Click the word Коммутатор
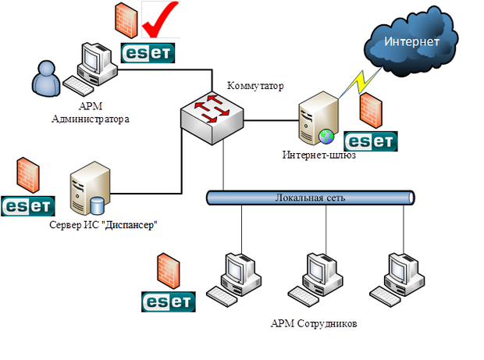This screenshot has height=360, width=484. (255, 85)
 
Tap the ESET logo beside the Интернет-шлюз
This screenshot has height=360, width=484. (371, 141)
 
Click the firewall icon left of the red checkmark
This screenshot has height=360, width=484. (124, 20)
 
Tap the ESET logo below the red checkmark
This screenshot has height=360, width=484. (148, 52)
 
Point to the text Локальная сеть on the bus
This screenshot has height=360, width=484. (310, 198)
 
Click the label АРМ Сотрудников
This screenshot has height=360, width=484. (313, 323)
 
